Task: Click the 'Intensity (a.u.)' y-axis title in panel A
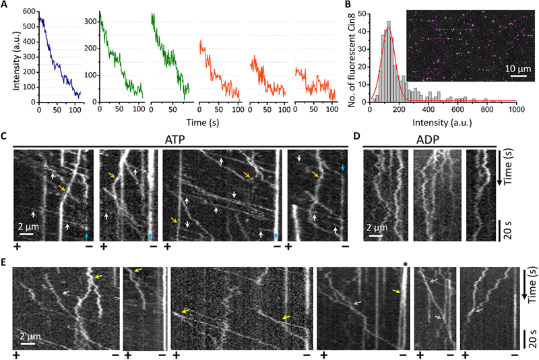(7, 57)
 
